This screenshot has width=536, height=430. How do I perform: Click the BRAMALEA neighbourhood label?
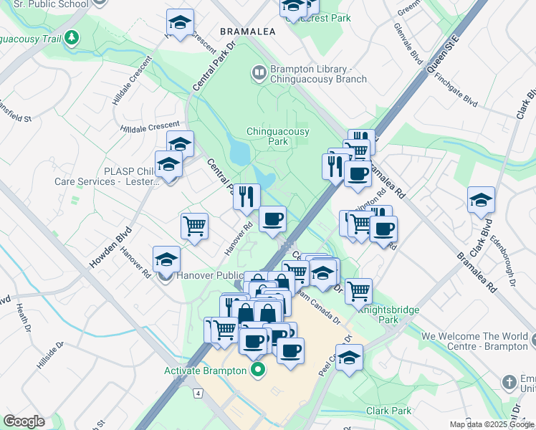[249, 32]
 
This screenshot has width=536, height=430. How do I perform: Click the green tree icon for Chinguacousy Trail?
[71, 37]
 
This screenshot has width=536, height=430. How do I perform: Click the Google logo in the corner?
[24, 421]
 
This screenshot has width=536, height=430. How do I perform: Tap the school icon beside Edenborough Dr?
[481, 200]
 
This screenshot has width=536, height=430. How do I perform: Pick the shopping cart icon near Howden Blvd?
[195, 226]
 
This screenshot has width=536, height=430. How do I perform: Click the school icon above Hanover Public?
[167, 259]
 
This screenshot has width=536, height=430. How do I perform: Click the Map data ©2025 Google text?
[492, 424]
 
